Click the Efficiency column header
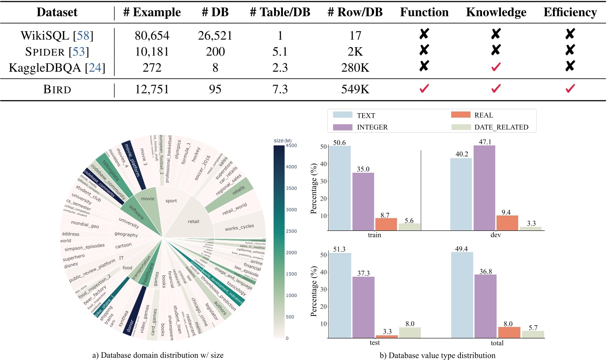[x=570, y=13]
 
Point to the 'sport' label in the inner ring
[x=171, y=201]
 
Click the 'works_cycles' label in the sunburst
[x=238, y=228]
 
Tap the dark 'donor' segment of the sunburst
[x=130, y=328]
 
